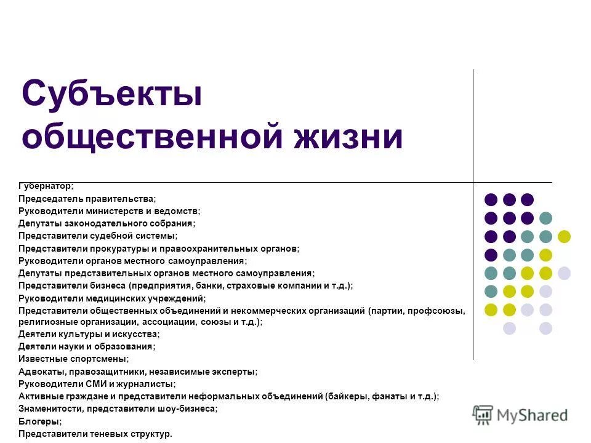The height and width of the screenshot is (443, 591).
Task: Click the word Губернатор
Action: (45, 186)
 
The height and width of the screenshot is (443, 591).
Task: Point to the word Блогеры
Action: (39, 421)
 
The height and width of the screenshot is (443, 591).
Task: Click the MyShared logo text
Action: (532, 415)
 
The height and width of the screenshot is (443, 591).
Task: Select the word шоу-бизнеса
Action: (187, 409)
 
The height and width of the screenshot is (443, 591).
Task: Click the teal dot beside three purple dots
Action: (545, 218)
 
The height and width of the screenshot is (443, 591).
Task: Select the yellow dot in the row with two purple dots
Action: (564, 236)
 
